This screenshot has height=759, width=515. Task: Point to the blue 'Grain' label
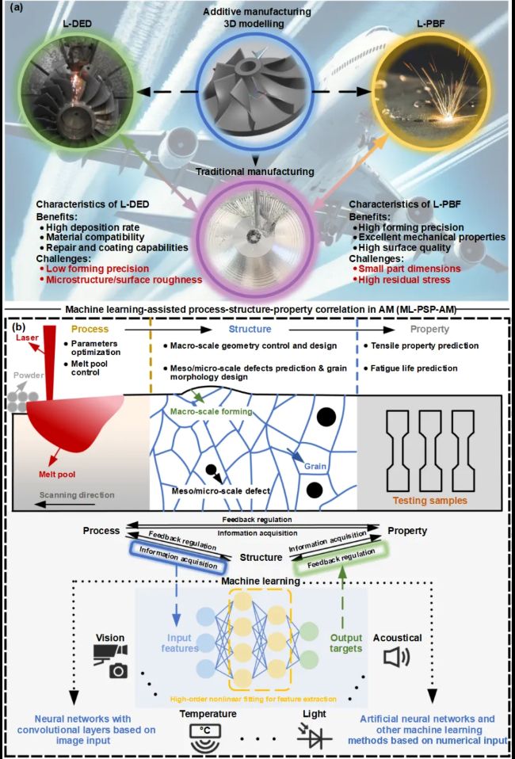(x=315, y=467)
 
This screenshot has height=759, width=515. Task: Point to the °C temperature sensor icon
(x=207, y=738)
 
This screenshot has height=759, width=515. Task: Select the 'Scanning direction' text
(x=77, y=494)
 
